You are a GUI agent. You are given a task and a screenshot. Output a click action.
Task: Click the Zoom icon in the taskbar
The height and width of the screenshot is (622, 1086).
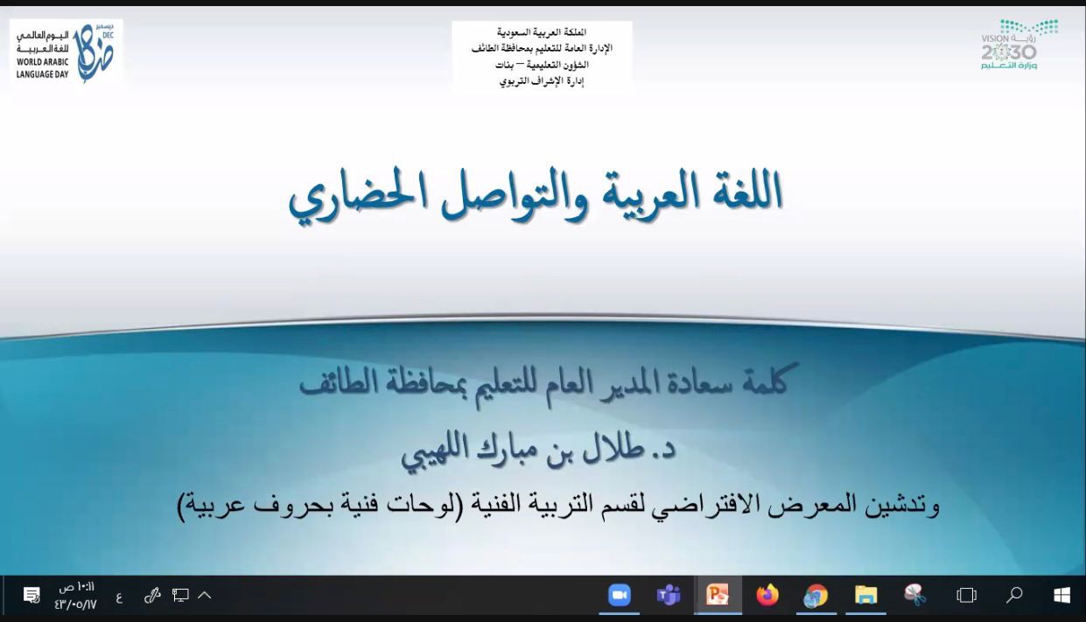(x=619, y=595)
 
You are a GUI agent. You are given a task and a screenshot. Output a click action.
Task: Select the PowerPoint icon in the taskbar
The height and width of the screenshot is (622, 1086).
(x=718, y=595)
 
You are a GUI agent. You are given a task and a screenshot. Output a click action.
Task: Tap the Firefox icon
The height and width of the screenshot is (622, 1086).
(x=767, y=595)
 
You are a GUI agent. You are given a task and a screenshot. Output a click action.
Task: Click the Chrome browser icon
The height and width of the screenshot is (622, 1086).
(x=816, y=596)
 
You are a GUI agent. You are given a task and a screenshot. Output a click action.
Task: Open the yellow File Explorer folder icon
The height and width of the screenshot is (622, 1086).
(x=865, y=596)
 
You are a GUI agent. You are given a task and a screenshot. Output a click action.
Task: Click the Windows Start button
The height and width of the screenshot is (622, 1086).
(x=1061, y=596)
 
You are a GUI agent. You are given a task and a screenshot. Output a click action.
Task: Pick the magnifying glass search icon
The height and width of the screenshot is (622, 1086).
(x=1014, y=595)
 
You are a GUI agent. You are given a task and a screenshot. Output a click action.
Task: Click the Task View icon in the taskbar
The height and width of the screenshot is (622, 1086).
(x=966, y=595)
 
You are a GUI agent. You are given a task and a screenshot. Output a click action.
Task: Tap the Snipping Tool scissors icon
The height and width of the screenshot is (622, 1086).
(x=914, y=595)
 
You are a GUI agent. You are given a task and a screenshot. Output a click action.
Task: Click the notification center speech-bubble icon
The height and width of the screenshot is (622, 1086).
(x=32, y=595)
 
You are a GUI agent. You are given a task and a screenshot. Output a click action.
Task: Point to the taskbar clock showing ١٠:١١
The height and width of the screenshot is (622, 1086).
(x=77, y=588)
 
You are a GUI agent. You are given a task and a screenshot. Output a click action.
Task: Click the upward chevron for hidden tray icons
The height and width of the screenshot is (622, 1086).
(x=205, y=595)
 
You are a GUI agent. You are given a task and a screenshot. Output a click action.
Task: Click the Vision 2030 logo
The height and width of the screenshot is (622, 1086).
(x=1013, y=45)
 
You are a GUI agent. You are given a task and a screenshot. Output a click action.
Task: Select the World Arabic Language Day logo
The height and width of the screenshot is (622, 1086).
(x=66, y=53)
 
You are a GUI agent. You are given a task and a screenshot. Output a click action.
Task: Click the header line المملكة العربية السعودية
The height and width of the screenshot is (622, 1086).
(x=542, y=32)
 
